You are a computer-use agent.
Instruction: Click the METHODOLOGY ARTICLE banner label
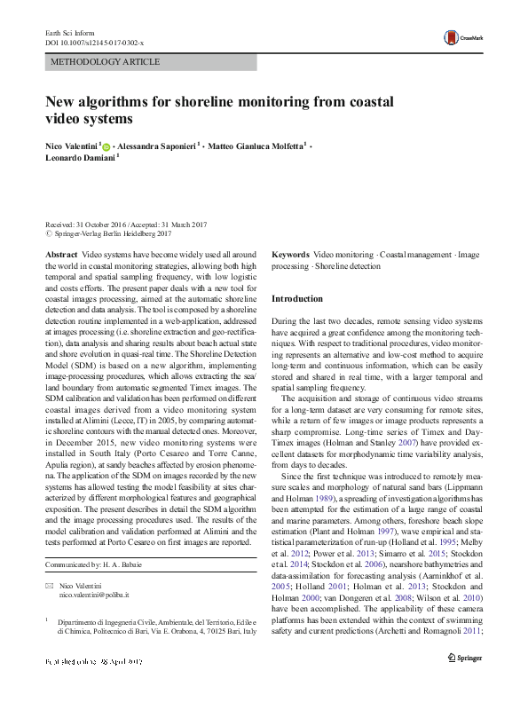click(x=106, y=62)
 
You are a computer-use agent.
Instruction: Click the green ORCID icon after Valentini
click(x=106, y=146)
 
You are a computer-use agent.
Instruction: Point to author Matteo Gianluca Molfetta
click(x=259, y=145)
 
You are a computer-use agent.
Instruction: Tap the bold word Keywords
click(x=290, y=255)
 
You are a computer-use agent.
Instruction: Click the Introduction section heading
click(x=296, y=299)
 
